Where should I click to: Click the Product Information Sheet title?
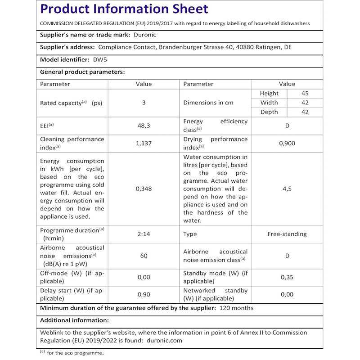(x=124, y=9)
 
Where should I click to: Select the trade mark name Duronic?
(x=146, y=34)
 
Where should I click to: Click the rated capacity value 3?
(x=144, y=103)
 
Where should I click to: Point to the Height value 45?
(x=305, y=93)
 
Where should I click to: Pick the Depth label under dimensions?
(x=269, y=112)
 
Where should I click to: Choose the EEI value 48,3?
(x=144, y=126)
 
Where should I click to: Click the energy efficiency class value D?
(x=287, y=126)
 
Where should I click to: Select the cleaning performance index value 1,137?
(x=144, y=143)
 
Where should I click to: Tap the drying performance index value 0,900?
(x=287, y=143)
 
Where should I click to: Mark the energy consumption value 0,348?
(x=144, y=189)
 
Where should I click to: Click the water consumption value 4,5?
(x=287, y=189)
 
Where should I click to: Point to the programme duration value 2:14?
(x=144, y=234)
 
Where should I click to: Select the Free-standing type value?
(x=287, y=234)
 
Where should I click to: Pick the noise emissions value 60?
(x=144, y=256)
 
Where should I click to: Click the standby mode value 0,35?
(x=287, y=277)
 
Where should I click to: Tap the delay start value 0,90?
(x=144, y=294)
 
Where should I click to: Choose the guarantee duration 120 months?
(x=236, y=308)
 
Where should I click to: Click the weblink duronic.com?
(x=164, y=341)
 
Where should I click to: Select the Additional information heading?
(x=74, y=320)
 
